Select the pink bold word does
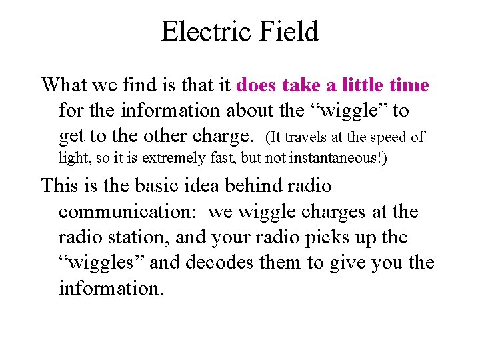[257, 85]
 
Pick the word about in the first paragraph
[250, 110]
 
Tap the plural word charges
[331, 211]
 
